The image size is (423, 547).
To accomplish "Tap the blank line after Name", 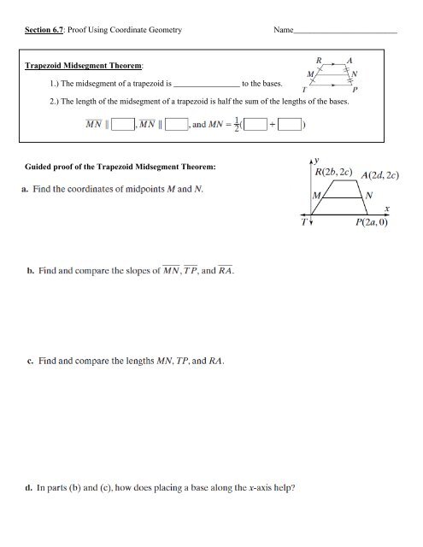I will pyautogui.click(x=345, y=32).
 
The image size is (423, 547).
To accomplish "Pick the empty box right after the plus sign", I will pyautogui.click(x=284, y=126).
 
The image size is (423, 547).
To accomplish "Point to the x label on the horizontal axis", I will pyautogui.click(x=386, y=208).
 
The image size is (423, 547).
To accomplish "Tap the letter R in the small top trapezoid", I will pyautogui.click(x=319, y=60).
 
